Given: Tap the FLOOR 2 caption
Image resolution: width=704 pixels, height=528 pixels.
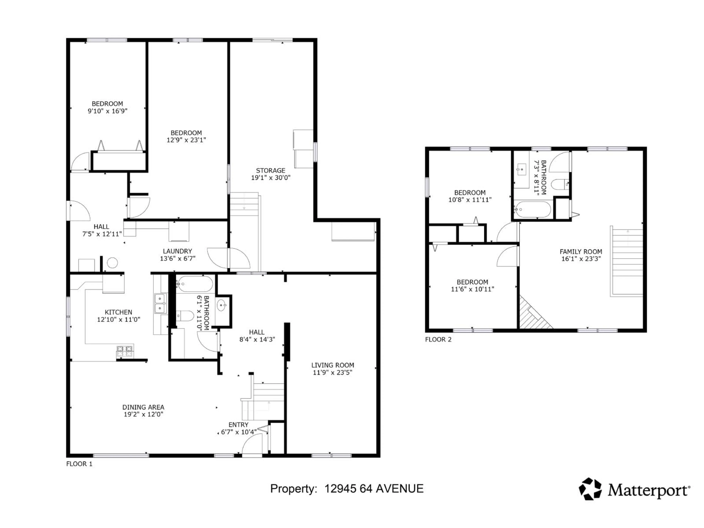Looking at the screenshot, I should (438, 340).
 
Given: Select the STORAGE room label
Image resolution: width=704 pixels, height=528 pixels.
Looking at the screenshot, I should (271, 170).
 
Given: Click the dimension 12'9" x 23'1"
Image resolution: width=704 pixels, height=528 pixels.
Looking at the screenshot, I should (186, 140).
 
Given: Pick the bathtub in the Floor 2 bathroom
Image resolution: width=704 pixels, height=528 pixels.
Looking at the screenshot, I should (532, 209).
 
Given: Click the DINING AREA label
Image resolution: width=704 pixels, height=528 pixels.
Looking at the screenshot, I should (143, 407).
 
